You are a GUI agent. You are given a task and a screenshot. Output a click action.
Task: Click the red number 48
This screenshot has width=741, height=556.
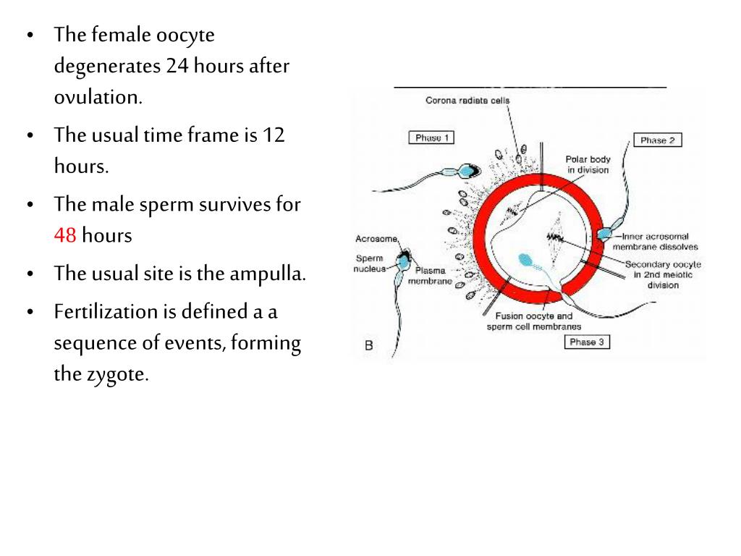64,236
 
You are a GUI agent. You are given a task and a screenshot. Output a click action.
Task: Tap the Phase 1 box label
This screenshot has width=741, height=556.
432,138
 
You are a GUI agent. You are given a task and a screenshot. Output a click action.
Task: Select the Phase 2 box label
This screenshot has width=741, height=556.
657,140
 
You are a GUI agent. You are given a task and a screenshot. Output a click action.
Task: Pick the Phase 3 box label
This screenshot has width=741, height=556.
587,342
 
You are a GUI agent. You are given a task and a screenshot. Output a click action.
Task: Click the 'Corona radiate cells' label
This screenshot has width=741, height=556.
467,101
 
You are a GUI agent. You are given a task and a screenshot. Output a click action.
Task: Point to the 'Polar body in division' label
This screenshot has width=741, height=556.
587,164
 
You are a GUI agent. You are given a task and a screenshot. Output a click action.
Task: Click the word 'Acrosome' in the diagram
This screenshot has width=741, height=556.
376,239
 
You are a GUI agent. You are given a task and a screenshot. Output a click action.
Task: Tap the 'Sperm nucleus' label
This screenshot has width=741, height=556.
370,263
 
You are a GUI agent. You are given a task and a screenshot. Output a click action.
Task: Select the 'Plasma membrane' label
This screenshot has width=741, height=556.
431,275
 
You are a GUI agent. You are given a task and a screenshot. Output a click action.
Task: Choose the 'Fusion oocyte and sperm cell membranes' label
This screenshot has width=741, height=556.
534,321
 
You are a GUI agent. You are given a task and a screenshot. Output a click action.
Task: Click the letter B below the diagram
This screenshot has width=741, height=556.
369,345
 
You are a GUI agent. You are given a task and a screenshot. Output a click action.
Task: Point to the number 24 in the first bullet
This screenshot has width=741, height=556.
177,67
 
